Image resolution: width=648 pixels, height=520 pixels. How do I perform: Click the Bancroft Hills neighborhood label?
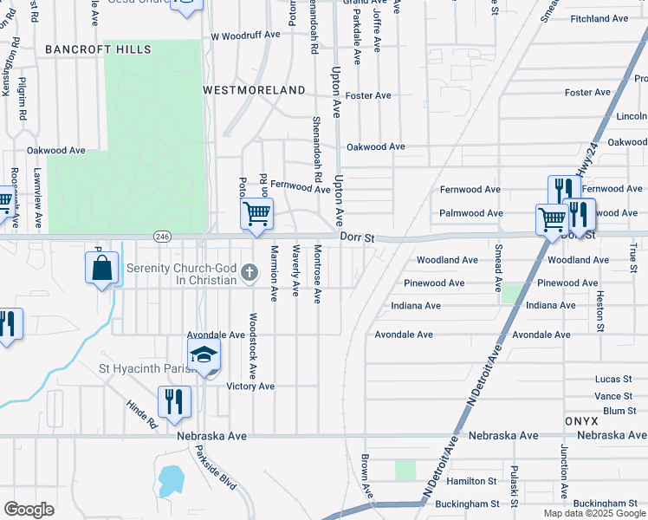pos(98,49)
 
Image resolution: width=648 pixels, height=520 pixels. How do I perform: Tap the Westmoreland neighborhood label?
pos(254,90)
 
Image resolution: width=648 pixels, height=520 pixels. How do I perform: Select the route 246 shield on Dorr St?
pos(162,236)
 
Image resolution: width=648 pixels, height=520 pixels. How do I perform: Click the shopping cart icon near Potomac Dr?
pos(256,214)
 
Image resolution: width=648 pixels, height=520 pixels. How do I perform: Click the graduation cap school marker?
pos(204,354)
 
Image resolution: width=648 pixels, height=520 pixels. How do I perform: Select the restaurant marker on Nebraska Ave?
pos(174,402)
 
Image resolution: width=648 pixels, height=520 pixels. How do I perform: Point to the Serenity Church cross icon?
pos(249,274)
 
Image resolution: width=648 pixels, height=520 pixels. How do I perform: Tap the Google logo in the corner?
pos(29,510)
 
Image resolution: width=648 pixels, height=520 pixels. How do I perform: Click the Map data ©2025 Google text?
pos(595,513)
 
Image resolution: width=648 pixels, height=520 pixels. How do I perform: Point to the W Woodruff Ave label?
pos(246,36)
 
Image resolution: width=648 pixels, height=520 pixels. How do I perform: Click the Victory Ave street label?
pos(250,387)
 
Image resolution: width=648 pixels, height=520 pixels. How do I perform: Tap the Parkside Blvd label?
pos(215,468)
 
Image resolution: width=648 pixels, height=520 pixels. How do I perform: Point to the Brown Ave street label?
pos(366,476)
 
